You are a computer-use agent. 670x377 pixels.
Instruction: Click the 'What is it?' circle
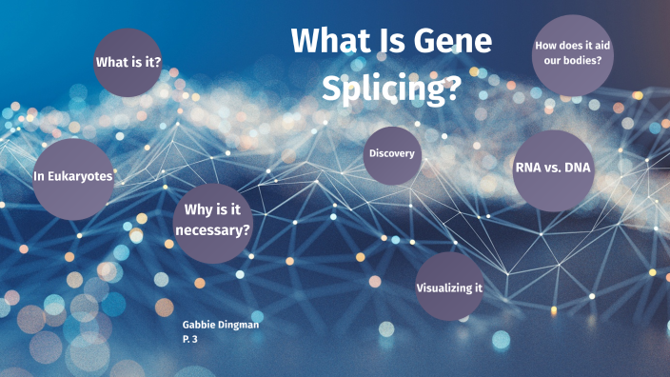point(128,63)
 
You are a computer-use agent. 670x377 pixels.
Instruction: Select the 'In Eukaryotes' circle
point(73,177)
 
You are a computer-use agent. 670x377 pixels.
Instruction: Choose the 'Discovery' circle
point(392,154)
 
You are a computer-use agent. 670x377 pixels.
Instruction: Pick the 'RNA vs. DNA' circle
point(553,169)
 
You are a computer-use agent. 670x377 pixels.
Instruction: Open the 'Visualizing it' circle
point(449,288)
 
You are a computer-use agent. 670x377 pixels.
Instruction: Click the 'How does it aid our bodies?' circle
point(571,53)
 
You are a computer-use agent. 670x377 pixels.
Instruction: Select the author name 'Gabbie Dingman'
point(221,325)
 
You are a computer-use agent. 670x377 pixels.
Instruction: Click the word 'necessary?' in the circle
point(213,230)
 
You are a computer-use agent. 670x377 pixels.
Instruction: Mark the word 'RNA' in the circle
point(528,169)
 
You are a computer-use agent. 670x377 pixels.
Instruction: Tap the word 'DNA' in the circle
point(578,169)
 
